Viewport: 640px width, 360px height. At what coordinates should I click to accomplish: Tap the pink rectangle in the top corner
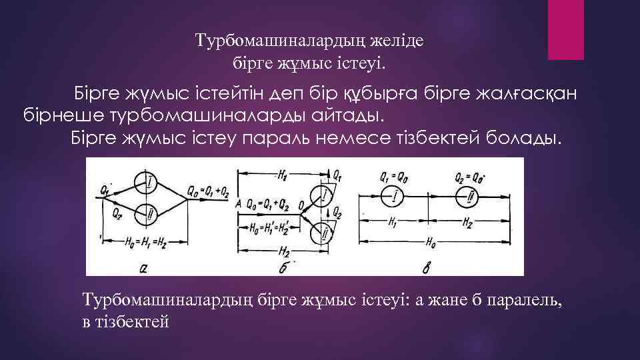click(x=565, y=30)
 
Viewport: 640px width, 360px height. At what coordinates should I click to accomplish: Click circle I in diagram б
click(x=324, y=195)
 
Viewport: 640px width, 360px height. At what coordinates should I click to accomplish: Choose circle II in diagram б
click(x=324, y=233)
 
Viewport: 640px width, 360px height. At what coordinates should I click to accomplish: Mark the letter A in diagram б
click(x=239, y=204)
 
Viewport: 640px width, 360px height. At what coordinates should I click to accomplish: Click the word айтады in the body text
click(x=349, y=117)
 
